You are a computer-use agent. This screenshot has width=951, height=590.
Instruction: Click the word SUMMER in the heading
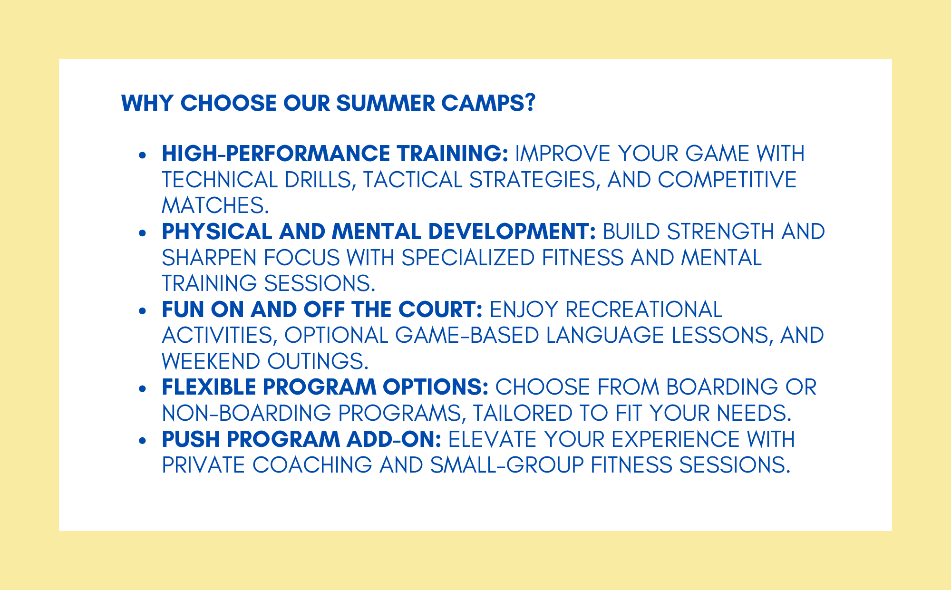click(x=386, y=103)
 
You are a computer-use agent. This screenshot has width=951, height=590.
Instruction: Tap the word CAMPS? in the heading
click(x=489, y=103)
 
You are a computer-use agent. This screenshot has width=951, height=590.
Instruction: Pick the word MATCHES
click(x=215, y=205)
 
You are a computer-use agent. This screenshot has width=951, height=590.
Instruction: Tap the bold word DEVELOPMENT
click(x=512, y=232)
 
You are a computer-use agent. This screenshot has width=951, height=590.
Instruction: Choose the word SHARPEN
click(x=209, y=258)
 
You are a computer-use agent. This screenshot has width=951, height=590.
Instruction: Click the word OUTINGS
click(x=318, y=361)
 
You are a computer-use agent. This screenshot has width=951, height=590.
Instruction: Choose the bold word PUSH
click(x=191, y=439)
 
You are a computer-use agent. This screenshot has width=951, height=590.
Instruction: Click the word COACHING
click(x=312, y=465)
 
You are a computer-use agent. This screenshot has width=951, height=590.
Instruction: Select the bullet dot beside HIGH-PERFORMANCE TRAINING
click(x=142, y=155)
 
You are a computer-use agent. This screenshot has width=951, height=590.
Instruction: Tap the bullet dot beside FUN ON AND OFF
click(x=142, y=310)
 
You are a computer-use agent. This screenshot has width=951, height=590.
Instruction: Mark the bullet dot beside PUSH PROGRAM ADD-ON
click(x=142, y=440)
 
